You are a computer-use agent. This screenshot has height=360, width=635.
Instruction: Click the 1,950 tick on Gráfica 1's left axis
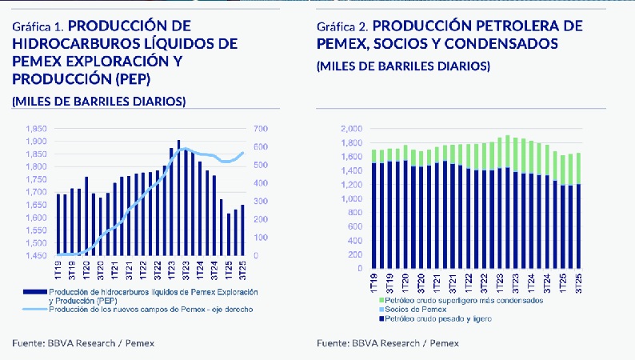(36, 129)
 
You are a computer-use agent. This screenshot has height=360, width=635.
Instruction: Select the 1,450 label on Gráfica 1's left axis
(36, 256)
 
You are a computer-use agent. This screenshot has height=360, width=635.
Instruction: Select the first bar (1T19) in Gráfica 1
(58, 224)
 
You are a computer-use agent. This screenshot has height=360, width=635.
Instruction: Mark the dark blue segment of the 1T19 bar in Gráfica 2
(373, 216)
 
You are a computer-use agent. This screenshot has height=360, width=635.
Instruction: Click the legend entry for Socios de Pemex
(415, 309)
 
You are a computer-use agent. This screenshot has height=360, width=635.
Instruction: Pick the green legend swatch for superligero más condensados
(380, 300)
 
